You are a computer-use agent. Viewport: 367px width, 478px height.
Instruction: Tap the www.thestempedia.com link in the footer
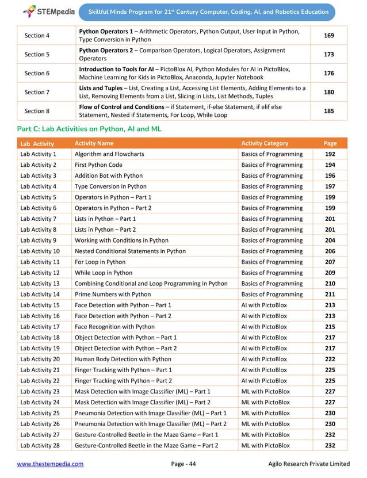click(x=50, y=464)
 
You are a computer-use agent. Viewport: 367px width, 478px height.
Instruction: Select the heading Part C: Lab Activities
click(x=89, y=129)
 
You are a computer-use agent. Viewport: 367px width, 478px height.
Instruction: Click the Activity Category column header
click(x=265, y=143)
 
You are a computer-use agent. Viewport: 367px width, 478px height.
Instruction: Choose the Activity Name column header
click(x=94, y=143)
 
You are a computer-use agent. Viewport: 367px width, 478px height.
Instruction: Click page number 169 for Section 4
click(x=329, y=35)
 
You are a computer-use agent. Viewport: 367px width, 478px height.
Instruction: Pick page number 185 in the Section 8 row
click(x=329, y=111)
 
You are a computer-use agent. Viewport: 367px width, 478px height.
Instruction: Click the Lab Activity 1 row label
click(x=38, y=154)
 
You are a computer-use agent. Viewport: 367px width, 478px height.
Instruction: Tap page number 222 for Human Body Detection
click(x=330, y=358)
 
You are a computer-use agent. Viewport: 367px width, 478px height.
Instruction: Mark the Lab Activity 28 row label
click(x=40, y=445)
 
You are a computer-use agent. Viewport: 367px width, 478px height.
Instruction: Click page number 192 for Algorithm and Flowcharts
click(x=330, y=154)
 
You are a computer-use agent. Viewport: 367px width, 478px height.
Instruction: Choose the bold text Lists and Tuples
click(x=98, y=88)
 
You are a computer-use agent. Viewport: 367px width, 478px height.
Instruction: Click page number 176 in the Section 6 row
click(x=329, y=73)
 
